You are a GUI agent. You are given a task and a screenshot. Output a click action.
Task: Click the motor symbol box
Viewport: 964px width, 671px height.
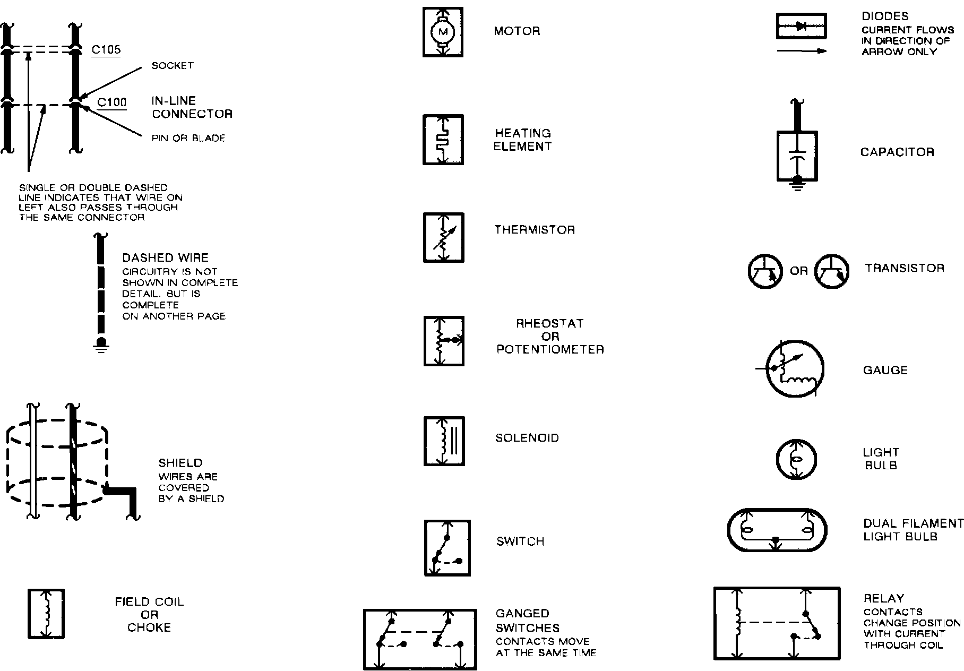[443, 32]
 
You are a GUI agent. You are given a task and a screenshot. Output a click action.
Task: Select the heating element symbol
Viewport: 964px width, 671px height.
[443, 140]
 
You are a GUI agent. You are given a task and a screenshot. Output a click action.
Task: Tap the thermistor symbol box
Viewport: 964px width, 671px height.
[443, 237]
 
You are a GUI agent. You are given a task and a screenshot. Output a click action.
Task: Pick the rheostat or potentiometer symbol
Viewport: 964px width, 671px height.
[444, 341]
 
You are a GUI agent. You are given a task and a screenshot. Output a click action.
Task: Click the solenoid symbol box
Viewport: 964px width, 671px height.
[444, 441]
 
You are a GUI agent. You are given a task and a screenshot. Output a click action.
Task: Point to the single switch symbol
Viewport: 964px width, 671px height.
[447, 547]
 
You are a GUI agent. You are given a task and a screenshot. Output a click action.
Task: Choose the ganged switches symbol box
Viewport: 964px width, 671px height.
[420, 639]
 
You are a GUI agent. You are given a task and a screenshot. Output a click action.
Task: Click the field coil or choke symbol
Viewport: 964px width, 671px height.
[46, 614]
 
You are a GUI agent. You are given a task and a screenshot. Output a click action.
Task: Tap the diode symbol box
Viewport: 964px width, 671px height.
[802, 27]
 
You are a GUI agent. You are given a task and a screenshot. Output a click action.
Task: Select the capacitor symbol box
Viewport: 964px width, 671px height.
[797, 156]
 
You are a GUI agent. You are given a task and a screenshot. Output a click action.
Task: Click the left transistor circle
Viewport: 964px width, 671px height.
[765, 271]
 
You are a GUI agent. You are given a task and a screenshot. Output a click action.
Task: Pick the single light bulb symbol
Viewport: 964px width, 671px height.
[796, 459]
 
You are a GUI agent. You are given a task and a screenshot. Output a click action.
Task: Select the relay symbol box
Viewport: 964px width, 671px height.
[777, 623]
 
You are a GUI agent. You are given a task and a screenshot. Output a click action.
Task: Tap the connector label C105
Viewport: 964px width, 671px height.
[106, 50]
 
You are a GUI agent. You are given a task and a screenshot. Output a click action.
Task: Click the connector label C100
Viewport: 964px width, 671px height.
[112, 101]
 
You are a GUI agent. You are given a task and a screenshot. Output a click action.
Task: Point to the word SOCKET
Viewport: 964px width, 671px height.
[173, 66]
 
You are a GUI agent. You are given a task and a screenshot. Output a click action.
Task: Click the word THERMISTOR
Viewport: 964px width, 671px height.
[535, 230]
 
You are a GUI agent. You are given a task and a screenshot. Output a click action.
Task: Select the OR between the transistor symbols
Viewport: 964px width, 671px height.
[798, 271]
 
